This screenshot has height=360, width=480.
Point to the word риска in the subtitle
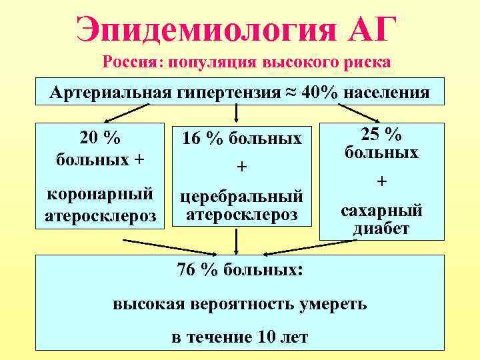pos(367,63)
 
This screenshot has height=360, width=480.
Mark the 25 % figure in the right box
pos(381,134)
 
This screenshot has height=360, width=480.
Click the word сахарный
pos(381,211)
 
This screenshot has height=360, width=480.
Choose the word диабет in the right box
pos(381,229)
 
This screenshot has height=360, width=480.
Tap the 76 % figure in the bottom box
pos(198,270)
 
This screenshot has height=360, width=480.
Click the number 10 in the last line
pos(265,337)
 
